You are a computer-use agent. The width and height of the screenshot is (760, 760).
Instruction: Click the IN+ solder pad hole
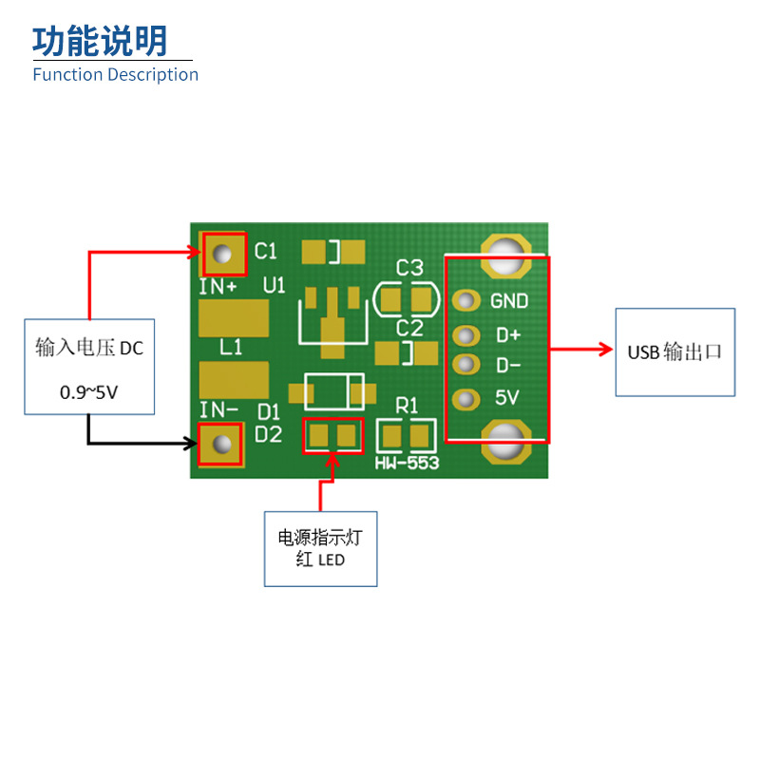[222, 254]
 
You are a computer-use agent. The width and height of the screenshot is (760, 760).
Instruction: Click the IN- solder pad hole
[223, 445]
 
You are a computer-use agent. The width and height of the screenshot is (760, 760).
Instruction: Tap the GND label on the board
[509, 301]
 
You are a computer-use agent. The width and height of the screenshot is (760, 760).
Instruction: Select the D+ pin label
[508, 335]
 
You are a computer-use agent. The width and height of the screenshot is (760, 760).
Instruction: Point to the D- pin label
[508, 366]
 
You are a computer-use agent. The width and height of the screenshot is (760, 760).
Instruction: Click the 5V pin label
[507, 398]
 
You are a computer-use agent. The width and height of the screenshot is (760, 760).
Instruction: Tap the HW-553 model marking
[406, 463]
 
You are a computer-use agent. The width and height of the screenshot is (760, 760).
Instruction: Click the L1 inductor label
[231, 348]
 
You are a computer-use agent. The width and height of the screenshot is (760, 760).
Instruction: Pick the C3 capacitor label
[409, 268]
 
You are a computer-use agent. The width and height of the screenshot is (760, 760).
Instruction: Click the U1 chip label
[275, 284]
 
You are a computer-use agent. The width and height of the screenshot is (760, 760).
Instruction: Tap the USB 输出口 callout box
[674, 351]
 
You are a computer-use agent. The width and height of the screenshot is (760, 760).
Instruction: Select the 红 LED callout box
[320, 549]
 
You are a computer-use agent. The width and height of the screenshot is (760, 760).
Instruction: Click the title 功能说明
[100, 41]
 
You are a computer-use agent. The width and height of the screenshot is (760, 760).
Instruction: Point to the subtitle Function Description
[115, 74]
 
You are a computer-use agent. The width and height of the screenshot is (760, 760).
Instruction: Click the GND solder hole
[465, 301]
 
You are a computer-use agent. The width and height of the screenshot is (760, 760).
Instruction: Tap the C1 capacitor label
[266, 252]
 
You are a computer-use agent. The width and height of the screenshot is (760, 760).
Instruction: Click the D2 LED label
[269, 434]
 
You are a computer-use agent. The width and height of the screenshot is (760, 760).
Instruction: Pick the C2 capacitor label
[409, 328]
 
